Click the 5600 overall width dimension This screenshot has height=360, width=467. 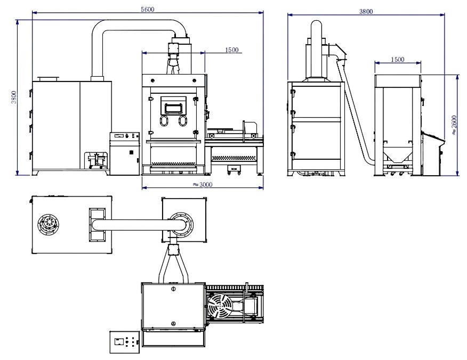pos(147,9)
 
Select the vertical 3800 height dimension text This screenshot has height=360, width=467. pos(20,97)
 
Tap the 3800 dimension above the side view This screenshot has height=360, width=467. pos(366,11)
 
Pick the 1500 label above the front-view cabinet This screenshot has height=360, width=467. pos(231,50)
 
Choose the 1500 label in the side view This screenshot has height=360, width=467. pos(397,60)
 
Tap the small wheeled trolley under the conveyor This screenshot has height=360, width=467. pos(233,169)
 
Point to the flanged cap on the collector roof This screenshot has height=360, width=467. pos(48,79)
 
